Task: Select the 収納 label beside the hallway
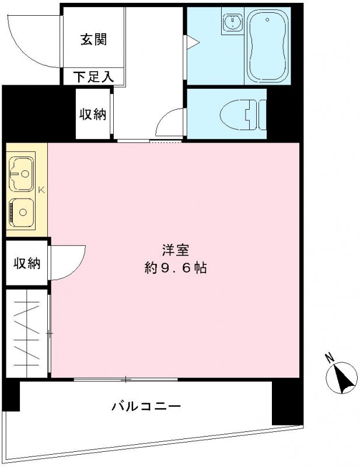tap(93, 114)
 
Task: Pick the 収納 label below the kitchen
tap(26, 263)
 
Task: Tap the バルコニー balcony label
tap(146, 406)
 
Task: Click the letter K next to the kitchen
tap(41, 190)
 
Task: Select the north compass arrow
tap(344, 377)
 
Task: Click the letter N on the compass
tap(329, 358)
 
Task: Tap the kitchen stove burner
tap(22, 211)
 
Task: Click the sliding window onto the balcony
tap(125, 380)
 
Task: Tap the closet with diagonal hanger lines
tap(26, 335)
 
